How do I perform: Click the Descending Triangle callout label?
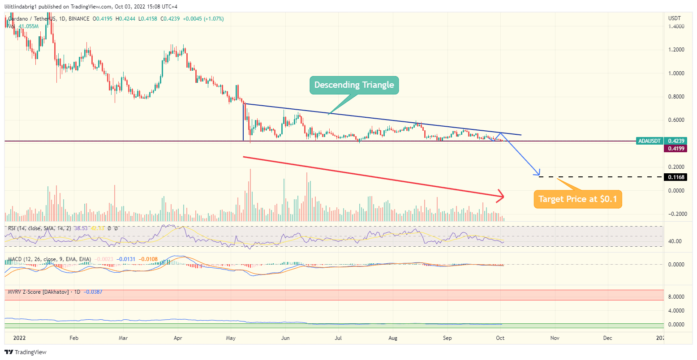354,85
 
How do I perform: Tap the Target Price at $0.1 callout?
578,199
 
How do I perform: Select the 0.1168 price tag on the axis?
675,177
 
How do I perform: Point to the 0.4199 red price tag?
675,148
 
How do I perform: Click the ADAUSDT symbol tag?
649,141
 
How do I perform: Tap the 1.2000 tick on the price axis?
675,50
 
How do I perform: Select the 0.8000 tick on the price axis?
675,97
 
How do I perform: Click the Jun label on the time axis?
285,338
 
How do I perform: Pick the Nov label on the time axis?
555,338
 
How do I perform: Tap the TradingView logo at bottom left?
26,352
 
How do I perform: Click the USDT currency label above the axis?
674,18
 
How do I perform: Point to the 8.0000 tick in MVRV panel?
675,297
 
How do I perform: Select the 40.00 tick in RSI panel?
675,241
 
